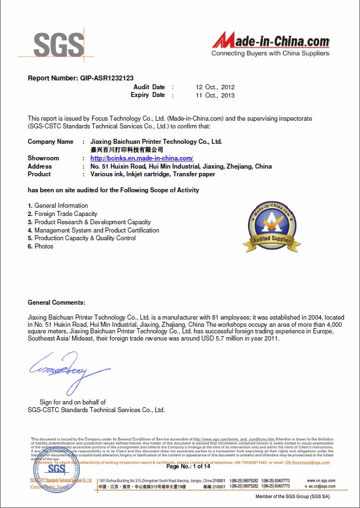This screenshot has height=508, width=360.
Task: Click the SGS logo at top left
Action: coord(60,44)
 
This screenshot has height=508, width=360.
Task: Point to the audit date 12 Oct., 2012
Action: coord(216,87)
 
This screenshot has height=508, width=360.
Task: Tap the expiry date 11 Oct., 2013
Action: coord(216,95)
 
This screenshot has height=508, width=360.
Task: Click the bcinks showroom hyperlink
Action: coord(142,158)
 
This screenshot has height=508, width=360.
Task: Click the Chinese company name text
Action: coord(127,150)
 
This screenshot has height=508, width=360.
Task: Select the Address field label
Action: coord(40,166)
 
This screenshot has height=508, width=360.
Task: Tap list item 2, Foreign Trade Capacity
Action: coord(66,214)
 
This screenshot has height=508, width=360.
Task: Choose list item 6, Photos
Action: coord(44,246)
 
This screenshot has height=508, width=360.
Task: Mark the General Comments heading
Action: coord(57,302)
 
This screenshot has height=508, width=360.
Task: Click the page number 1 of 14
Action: coord(188,467)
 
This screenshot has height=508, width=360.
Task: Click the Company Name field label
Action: coord(50,142)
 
